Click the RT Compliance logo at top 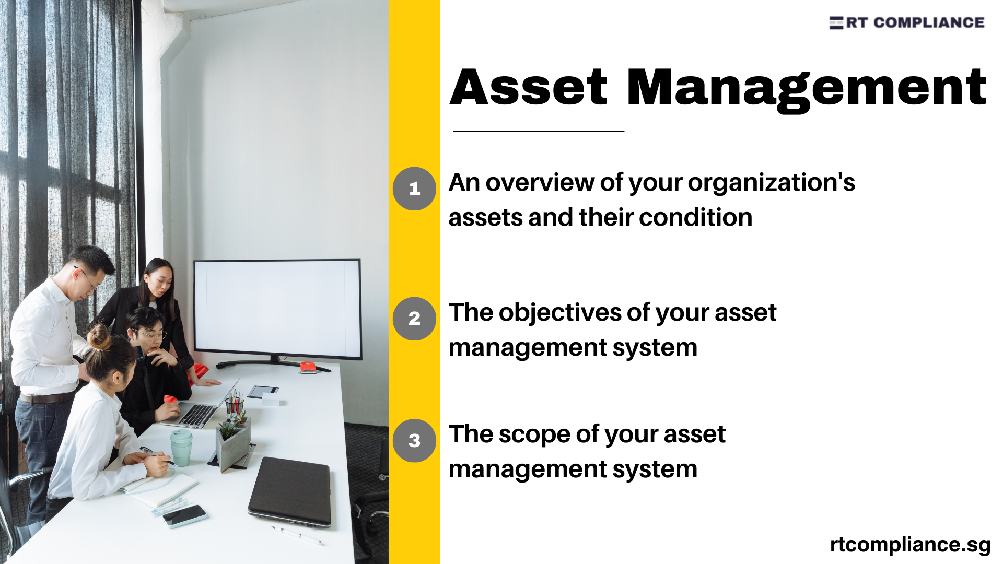tap(906, 22)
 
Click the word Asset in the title tap(529, 87)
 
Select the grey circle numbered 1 tap(414, 189)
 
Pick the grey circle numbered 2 tap(414, 319)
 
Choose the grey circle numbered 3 tap(414, 441)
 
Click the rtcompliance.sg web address tap(910, 544)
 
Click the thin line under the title tap(539, 131)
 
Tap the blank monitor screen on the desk tap(277, 308)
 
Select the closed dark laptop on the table tap(290, 491)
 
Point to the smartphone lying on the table tap(184, 516)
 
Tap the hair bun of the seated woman tap(98, 337)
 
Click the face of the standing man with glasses tap(89, 277)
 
